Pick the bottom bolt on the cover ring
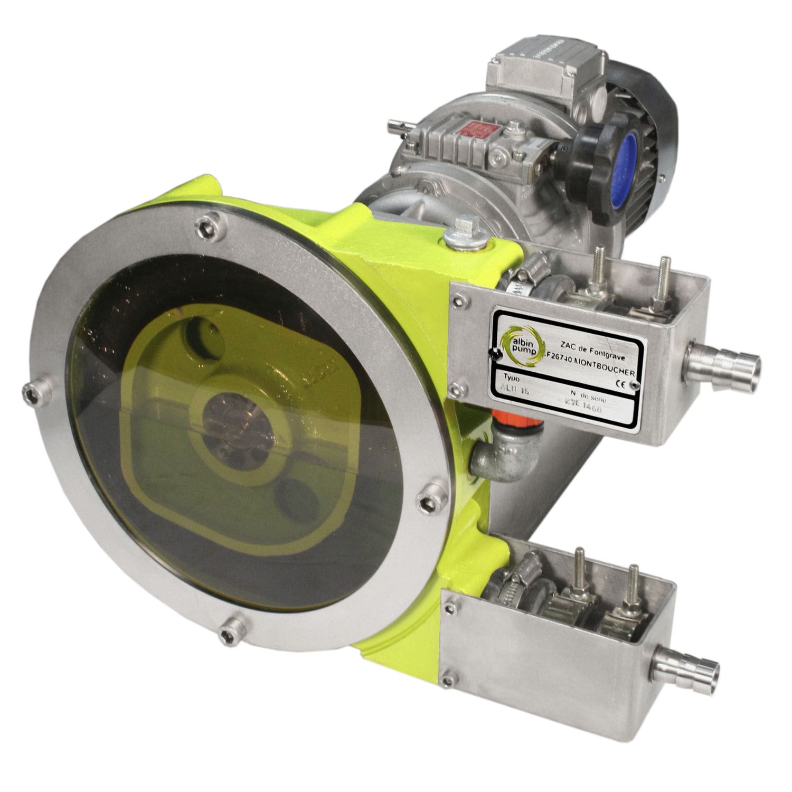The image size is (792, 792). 229,631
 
